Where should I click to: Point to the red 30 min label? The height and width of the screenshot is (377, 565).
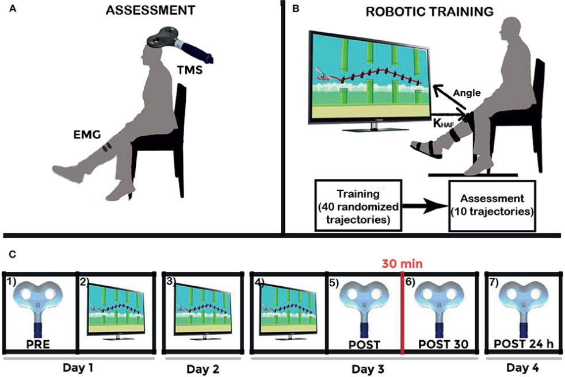tap(402, 264)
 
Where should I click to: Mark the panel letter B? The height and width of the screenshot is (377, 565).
tap(296, 9)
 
